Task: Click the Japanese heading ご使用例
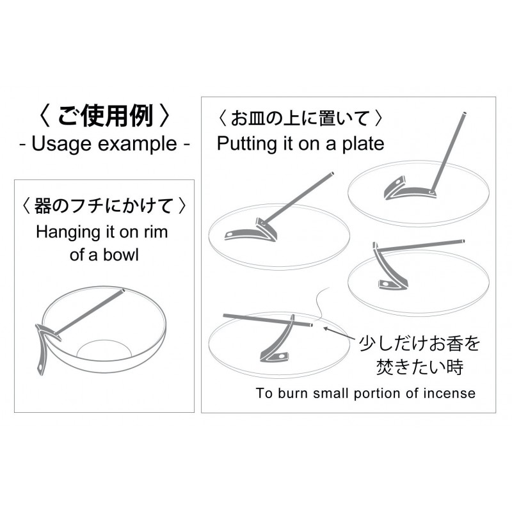(x=104, y=116)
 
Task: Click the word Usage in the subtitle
(x=61, y=144)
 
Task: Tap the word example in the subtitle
(x=138, y=144)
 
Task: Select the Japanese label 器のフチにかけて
(x=104, y=206)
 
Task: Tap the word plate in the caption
(x=364, y=144)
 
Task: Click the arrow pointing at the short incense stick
(x=339, y=333)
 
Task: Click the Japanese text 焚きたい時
(x=420, y=367)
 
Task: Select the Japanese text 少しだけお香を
(x=420, y=343)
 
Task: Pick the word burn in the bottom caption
(x=292, y=393)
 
